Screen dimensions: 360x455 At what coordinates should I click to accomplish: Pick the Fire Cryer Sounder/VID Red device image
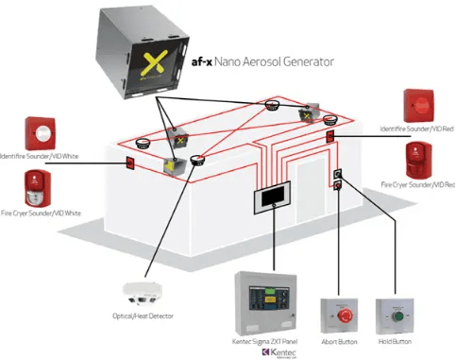point(418,162)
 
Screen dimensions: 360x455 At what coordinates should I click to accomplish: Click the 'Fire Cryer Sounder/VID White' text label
point(42,214)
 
